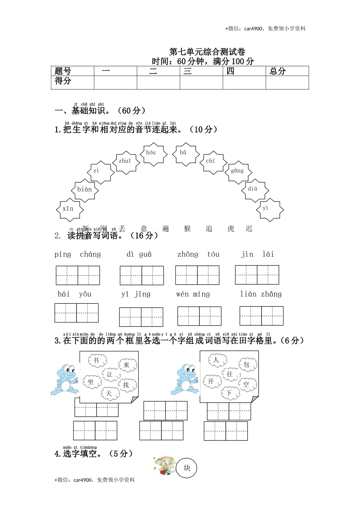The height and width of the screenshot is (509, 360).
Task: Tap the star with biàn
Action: coord(85,190)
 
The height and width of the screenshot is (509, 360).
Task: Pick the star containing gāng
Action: coord(237,171)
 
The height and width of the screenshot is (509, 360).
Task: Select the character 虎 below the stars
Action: coord(231,229)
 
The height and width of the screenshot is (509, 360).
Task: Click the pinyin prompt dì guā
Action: coord(139,254)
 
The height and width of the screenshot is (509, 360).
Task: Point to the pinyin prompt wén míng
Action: coord(193,294)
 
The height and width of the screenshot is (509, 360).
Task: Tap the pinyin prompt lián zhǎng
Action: coord(261,294)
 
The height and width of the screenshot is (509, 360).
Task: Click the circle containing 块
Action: coord(187,468)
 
